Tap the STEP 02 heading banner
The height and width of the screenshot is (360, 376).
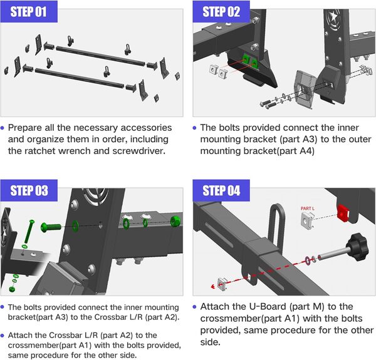point(221,11)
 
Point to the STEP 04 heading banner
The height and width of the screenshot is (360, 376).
point(221,190)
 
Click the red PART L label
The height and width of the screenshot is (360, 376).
point(307,208)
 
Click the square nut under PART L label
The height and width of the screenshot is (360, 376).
point(307,218)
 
